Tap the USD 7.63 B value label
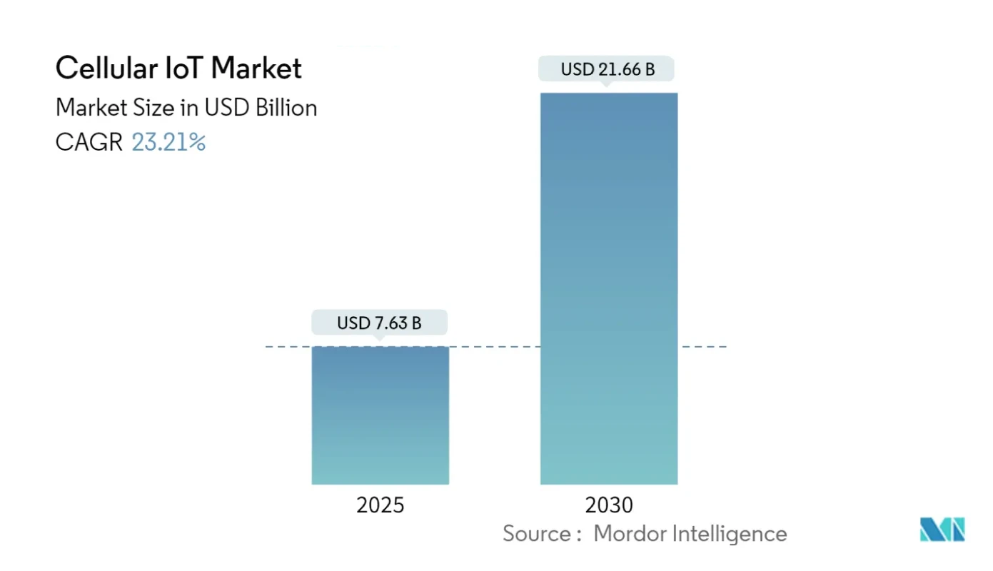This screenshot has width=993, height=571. pos(379,323)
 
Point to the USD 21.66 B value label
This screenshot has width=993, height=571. pos(608,70)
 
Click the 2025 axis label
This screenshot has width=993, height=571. pos(380,505)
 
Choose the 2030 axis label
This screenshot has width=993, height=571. pos(609,505)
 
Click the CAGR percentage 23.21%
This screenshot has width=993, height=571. pos(168,143)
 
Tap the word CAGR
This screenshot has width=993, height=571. pos(89,143)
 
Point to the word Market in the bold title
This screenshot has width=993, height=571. pos(257,69)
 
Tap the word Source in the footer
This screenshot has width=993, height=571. pos(535,533)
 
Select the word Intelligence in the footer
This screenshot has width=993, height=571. pos(732,533)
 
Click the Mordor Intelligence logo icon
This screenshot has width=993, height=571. pos(942,530)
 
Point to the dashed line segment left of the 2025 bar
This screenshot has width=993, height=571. pos(288,347)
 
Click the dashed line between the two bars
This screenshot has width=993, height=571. pos(495,347)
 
